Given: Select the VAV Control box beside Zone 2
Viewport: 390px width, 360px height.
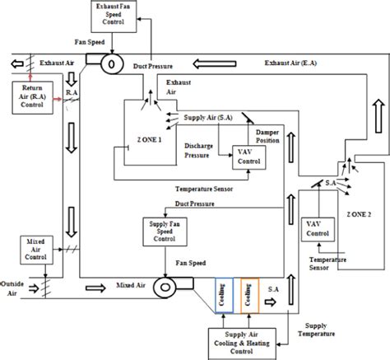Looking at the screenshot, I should (313, 228).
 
